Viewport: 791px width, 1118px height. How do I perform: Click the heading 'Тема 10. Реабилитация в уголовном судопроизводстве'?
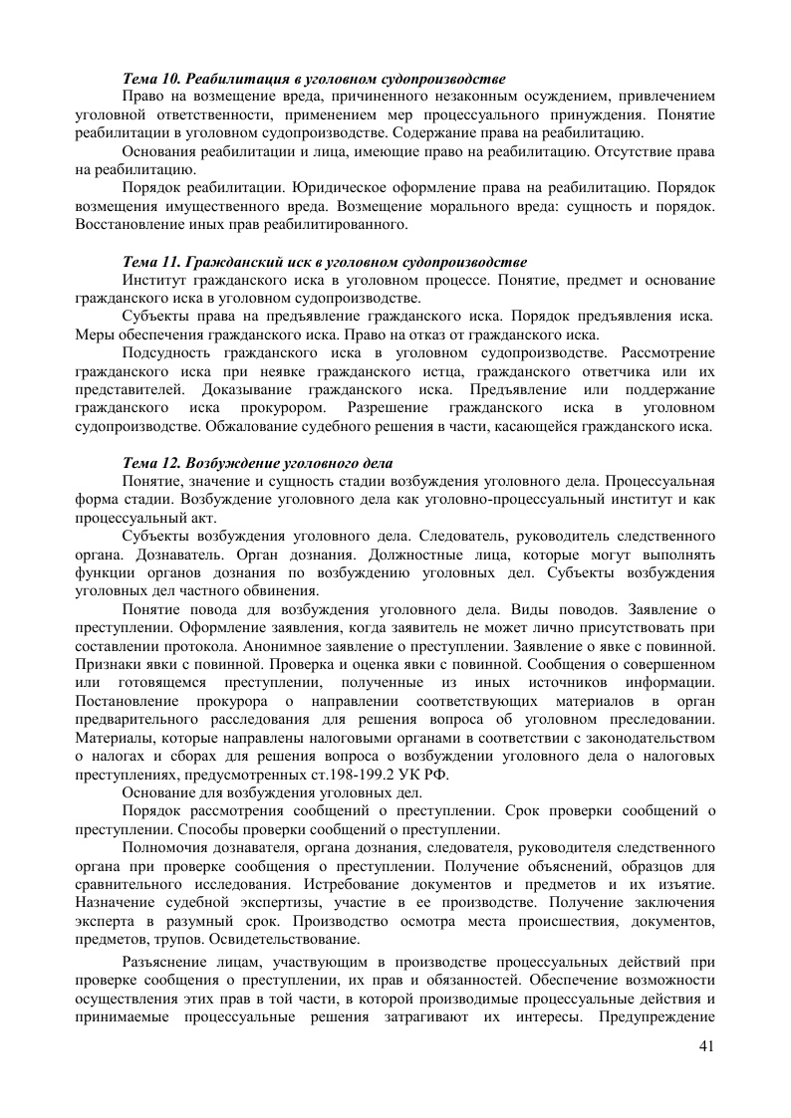click(313, 78)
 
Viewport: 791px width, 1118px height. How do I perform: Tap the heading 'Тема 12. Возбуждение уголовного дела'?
click(257, 463)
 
